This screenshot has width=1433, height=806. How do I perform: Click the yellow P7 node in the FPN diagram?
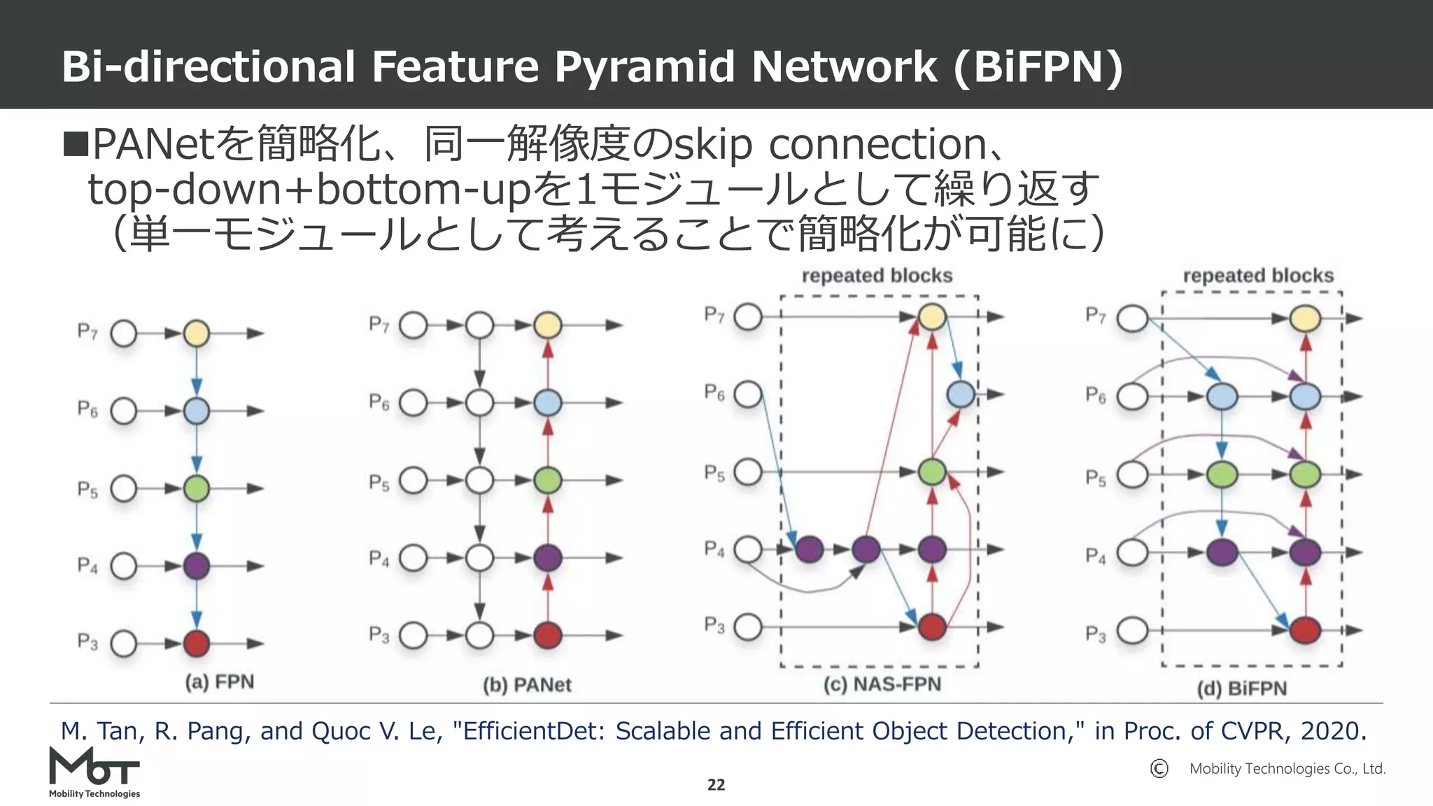tap(197, 334)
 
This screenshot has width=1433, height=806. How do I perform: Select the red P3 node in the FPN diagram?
tap(197, 643)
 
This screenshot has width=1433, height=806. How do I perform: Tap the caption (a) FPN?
tap(219, 682)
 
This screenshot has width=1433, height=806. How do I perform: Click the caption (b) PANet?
tap(527, 685)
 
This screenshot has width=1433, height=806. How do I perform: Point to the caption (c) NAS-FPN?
tap(882, 684)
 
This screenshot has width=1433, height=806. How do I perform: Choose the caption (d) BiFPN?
tap(1241, 689)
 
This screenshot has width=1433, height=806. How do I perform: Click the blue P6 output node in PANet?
tap(548, 403)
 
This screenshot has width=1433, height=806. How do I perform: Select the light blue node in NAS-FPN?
tap(961, 395)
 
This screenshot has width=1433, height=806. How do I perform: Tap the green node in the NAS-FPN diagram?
tap(932, 472)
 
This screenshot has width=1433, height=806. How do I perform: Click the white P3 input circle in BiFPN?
tap(1131, 630)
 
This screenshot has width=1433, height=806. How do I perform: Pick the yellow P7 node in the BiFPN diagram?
tap(1305, 319)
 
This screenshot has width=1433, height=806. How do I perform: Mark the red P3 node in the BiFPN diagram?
tap(1305, 630)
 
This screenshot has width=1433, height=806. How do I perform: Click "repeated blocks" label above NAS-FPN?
tap(877, 276)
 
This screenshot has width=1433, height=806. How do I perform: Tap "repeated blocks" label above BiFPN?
tap(1258, 276)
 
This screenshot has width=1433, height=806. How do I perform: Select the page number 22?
tap(716, 785)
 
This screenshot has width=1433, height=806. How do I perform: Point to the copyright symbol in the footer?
tap(1159, 769)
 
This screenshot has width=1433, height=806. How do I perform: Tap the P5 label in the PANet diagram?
tap(379, 483)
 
